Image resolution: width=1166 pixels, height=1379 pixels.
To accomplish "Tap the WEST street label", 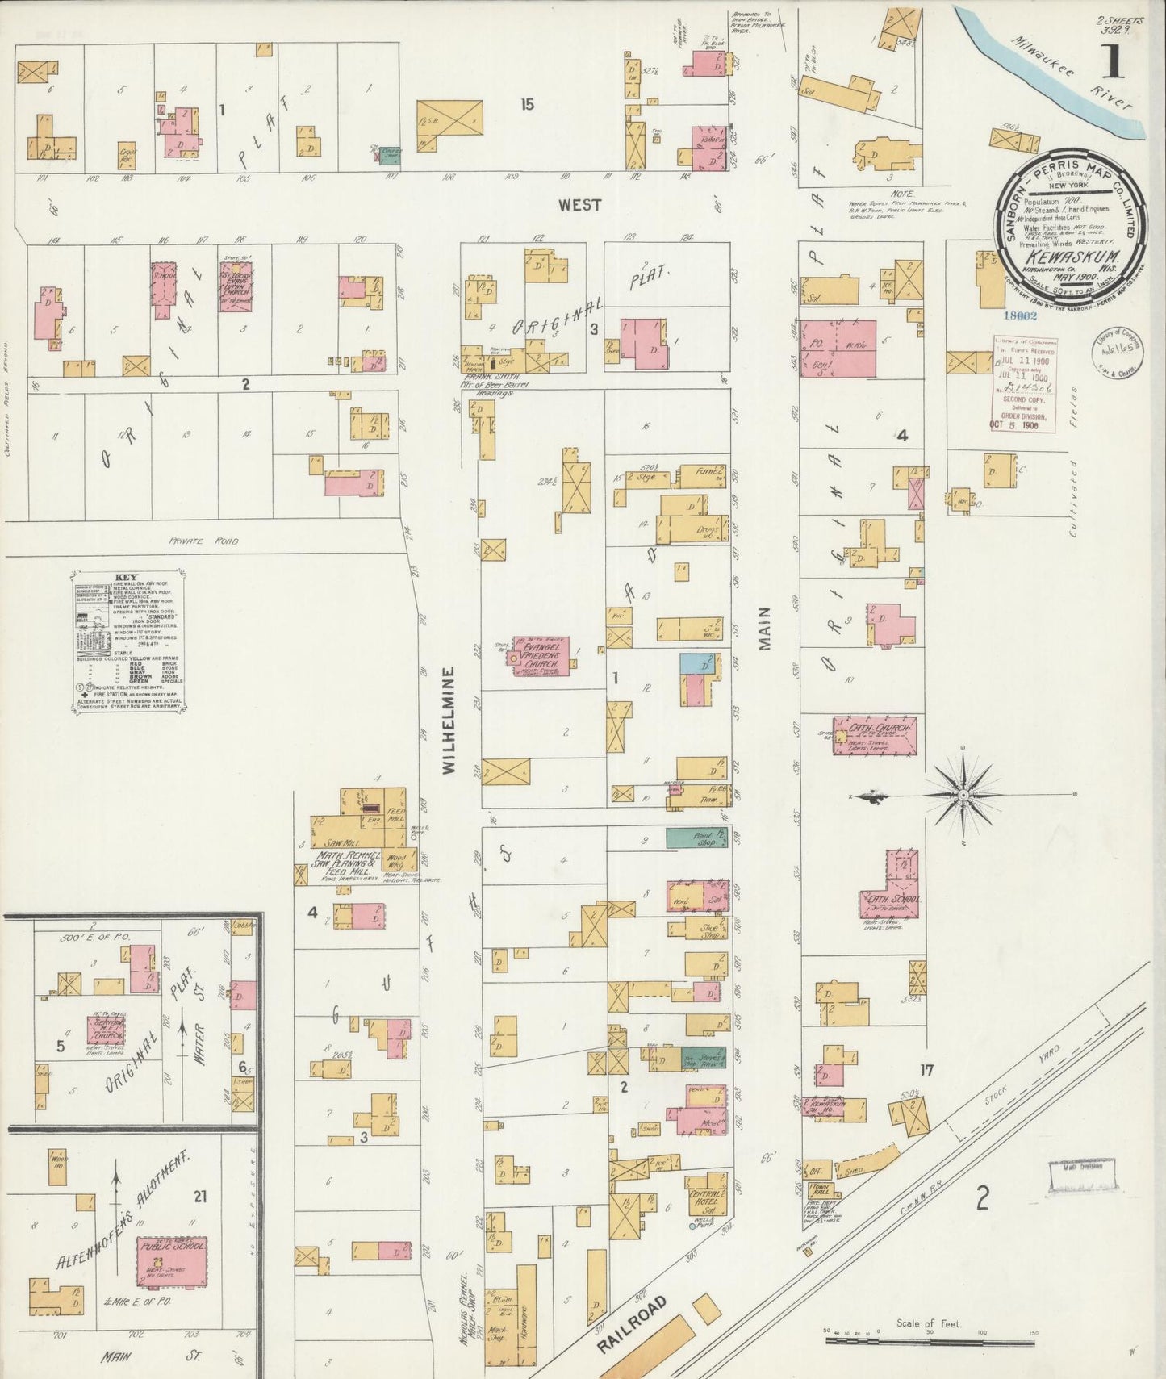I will coord(579,205).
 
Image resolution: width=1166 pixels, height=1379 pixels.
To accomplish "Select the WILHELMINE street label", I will coord(449,720).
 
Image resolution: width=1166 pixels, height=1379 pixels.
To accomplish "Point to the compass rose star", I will coord(963,796).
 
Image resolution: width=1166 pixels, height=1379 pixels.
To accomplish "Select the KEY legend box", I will coord(128,642).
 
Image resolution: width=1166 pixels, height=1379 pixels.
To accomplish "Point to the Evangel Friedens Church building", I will coord(541,656).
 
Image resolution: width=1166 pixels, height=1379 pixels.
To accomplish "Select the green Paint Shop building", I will coord(694,837).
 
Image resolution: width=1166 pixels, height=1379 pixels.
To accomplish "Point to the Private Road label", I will coord(203,541).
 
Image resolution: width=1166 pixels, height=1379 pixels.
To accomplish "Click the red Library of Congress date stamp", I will coord(1023,384).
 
